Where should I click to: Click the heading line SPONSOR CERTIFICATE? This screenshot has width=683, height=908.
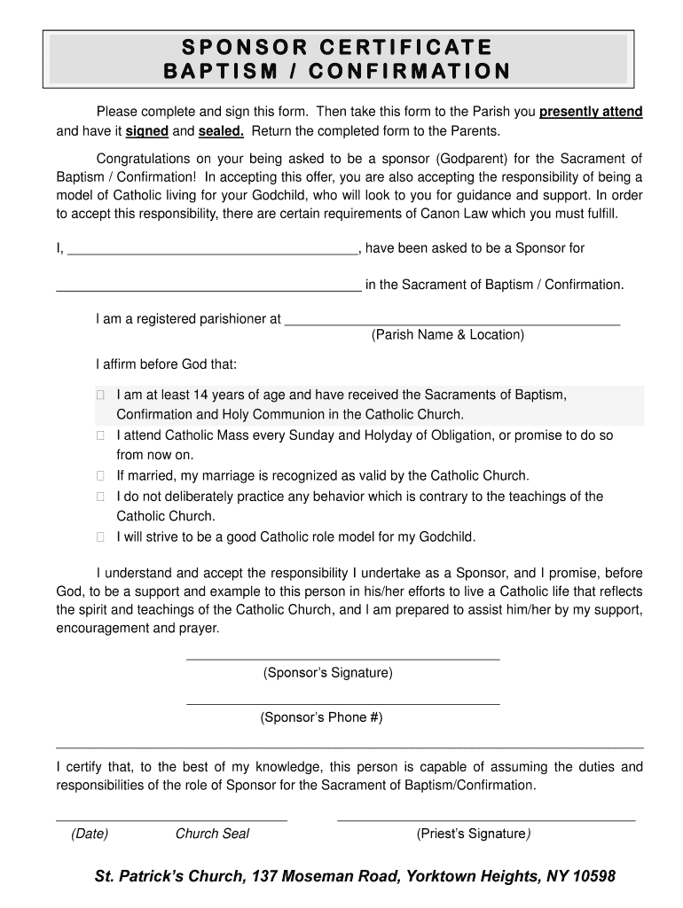coord(337,47)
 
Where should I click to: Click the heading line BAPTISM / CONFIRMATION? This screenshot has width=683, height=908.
coord(337,71)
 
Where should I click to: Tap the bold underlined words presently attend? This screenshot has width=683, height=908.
coord(591,113)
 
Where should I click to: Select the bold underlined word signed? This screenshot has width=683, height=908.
coord(146,131)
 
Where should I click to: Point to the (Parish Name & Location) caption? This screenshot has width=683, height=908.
coord(448,335)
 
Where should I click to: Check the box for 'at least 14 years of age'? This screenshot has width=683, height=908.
coord(101,395)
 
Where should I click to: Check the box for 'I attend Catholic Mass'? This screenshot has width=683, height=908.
coord(101,435)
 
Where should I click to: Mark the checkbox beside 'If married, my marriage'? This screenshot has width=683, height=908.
coord(101,476)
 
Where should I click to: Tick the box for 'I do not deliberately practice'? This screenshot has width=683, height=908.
coord(101,497)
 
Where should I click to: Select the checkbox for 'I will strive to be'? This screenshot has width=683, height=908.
coord(101,537)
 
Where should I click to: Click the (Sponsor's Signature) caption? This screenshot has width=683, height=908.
coord(327,673)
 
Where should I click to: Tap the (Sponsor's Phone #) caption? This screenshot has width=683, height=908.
coord(321,717)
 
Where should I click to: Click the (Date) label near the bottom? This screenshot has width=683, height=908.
coord(90,834)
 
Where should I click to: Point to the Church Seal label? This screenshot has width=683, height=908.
coord(212,834)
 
